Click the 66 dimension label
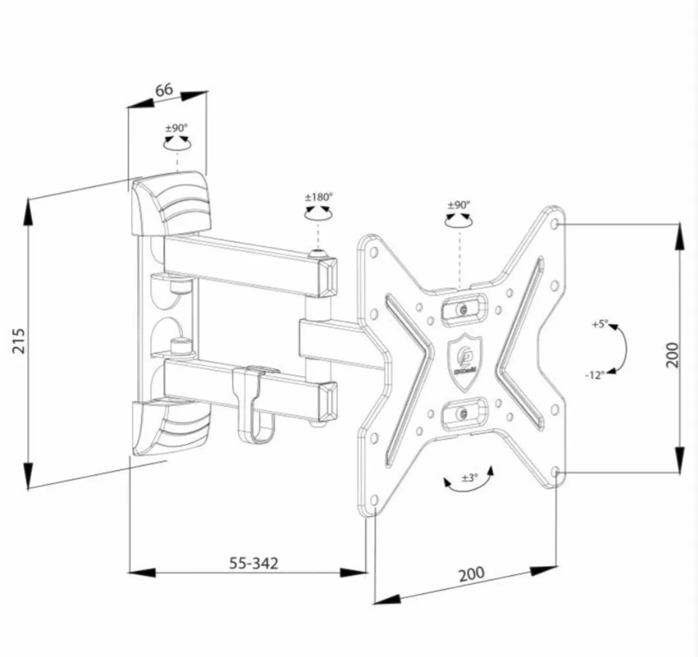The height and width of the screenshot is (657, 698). (x=164, y=90)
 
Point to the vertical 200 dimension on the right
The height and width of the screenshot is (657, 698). (x=672, y=354)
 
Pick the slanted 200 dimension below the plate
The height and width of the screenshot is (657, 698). (x=471, y=573)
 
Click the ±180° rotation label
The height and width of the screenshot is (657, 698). (x=318, y=197)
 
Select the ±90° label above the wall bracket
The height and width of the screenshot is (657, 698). (x=176, y=127)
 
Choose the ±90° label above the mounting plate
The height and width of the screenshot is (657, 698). (x=459, y=205)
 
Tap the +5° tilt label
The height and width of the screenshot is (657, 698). (x=600, y=324)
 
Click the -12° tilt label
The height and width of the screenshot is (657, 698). (x=594, y=375)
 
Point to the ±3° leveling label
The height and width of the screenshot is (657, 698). (x=469, y=477)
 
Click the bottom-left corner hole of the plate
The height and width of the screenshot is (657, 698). (x=374, y=499)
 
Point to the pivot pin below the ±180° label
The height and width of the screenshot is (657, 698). (x=316, y=254)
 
